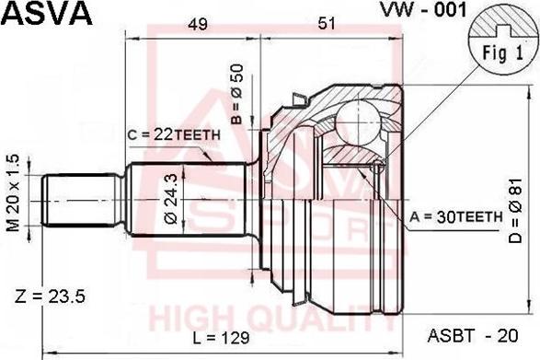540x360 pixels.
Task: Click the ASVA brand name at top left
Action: pyautogui.click(x=47, y=13)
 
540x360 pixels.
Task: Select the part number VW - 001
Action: pyautogui.click(x=423, y=9)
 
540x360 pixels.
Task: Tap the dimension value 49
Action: pyautogui.click(x=198, y=24)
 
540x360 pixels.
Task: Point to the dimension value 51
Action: pyautogui.click(x=327, y=23)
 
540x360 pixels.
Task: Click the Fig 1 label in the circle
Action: pyautogui.click(x=503, y=53)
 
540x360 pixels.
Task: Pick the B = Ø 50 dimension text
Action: pyautogui.click(x=237, y=94)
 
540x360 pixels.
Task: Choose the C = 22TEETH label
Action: pyautogui.click(x=174, y=134)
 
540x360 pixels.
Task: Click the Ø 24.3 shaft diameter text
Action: pyautogui.click(x=171, y=199)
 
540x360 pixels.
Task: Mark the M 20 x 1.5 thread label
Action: pyautogui.click(x=15, y=193)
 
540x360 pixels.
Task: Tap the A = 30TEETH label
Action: pyautogui.click(x=456, y=217)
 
